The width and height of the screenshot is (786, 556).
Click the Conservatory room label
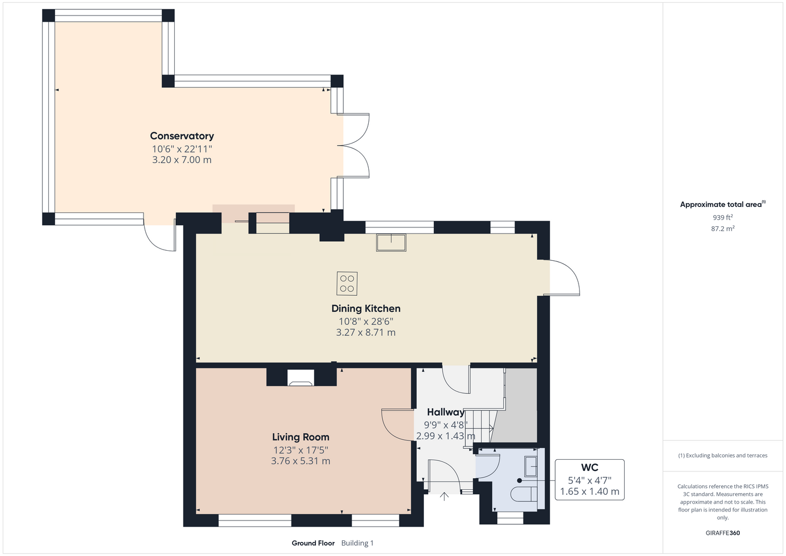[x=182, y=136]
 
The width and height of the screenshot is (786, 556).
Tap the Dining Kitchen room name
[x=365, y=309]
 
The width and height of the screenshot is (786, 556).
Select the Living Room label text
[x=301, y=437]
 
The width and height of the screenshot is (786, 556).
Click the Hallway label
[x=446, y=412]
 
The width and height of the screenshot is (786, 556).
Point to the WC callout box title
[x=590, y=468]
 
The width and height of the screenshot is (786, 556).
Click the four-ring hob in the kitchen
[x=347, y=284]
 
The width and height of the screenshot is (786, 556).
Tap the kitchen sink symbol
[x=391, y=243]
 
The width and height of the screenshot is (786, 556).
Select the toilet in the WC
[x=523, y=494]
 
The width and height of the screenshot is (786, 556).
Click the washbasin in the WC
[x=531, y=466]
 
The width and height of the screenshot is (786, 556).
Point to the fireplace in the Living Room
[x=301, y=378]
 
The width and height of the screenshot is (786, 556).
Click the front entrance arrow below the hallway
[x=444, y=497]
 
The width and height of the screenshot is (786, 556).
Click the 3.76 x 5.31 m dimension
[x=301, y=461]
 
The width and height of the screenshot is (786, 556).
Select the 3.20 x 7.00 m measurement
[x=182, y=160]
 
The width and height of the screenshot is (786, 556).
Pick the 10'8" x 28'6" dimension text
[x=365, y=321]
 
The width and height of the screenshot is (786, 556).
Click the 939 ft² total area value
[x=723, y=217]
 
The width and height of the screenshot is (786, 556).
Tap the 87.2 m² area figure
[x=723, y=229]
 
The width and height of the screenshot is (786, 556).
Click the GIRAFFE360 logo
[x=723, y=533]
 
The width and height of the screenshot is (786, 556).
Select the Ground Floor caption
[x=313, y=543]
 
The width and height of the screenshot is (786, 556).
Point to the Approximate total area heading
[x=723, y=204]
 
